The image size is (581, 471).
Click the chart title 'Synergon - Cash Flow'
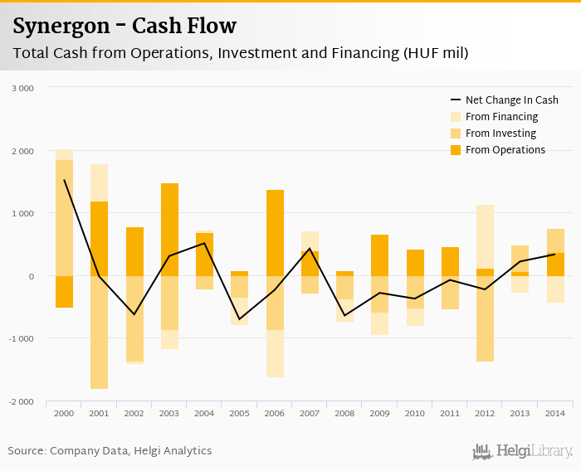point(124,27)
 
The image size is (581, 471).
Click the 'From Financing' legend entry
point(501,117)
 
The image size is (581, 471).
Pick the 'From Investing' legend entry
point(500,134)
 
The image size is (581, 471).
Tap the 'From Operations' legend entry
point(505,150)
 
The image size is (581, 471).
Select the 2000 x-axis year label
point(64,412)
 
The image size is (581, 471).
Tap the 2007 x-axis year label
point(310,412)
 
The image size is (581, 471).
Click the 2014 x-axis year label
point(554,412)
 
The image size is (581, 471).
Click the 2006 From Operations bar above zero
point(275,233)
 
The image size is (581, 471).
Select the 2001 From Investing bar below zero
point(100,332)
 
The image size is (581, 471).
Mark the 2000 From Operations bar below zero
point(64,291)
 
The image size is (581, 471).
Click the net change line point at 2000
point(64,180)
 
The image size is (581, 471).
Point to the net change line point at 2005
point(240,319)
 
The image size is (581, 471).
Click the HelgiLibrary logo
point(523,451)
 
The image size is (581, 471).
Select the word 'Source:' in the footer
point(27,451)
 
